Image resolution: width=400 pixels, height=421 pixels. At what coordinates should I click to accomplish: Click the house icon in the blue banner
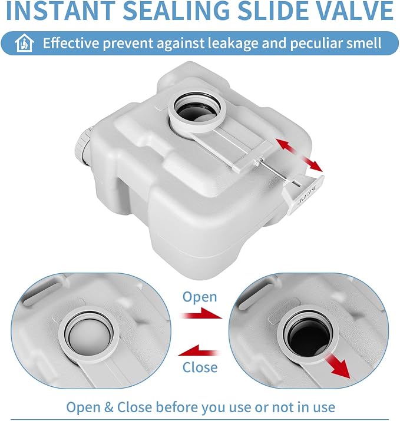click(x=24, y=43)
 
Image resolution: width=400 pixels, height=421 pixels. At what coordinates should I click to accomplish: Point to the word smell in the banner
click(x=363, y=43)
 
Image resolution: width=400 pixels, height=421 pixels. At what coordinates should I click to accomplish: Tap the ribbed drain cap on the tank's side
click(x=82, y=145)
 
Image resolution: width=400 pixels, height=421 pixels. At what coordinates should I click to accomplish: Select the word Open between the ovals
click(x=200, y=297)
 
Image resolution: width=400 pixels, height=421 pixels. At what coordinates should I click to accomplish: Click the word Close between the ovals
click(x=200, y=367)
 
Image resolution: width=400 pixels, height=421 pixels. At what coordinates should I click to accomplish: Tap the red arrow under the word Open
click(x=201, y=314)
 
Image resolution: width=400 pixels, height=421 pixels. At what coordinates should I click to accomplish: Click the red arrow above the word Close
click(x=199, y=350)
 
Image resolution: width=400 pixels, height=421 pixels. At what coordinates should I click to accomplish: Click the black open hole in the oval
click(x=308, y=333)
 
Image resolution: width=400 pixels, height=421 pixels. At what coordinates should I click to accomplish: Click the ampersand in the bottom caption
click(x=108, y=407)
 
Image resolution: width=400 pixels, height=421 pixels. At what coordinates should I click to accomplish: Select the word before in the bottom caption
click(x=177, y=407)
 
